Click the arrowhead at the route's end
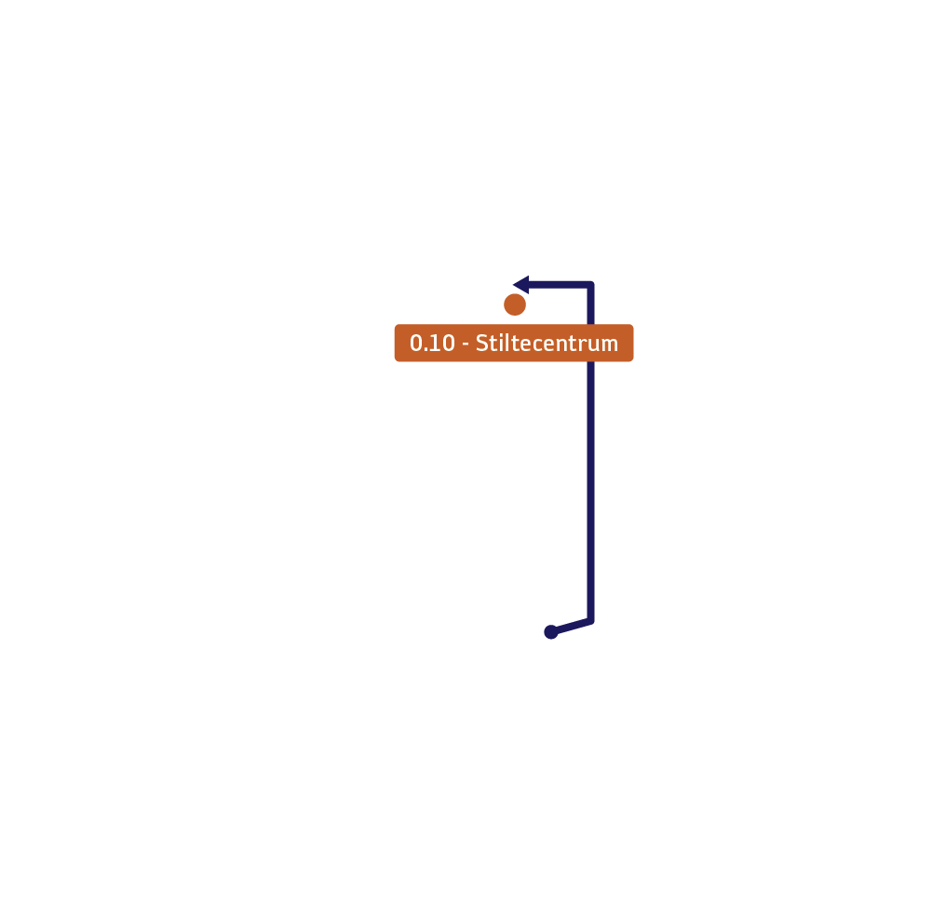(521, 285)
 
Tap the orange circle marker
(515, 304)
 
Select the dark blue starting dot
(551, 632)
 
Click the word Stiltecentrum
(547, 343)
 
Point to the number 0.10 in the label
(432, 343)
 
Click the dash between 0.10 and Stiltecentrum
(466, 345)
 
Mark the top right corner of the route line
(591, 285)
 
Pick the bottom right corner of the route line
(591, 621)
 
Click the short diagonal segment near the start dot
(571, 627)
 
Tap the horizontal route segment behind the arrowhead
(560, 285)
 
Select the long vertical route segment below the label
(591, 492)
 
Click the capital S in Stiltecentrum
(481, 343)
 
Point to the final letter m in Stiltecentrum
(611, 345)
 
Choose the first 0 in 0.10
(416, 343)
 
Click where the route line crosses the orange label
(591, 343)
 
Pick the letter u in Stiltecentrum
(594, 345)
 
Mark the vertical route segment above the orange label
(591, 304)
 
